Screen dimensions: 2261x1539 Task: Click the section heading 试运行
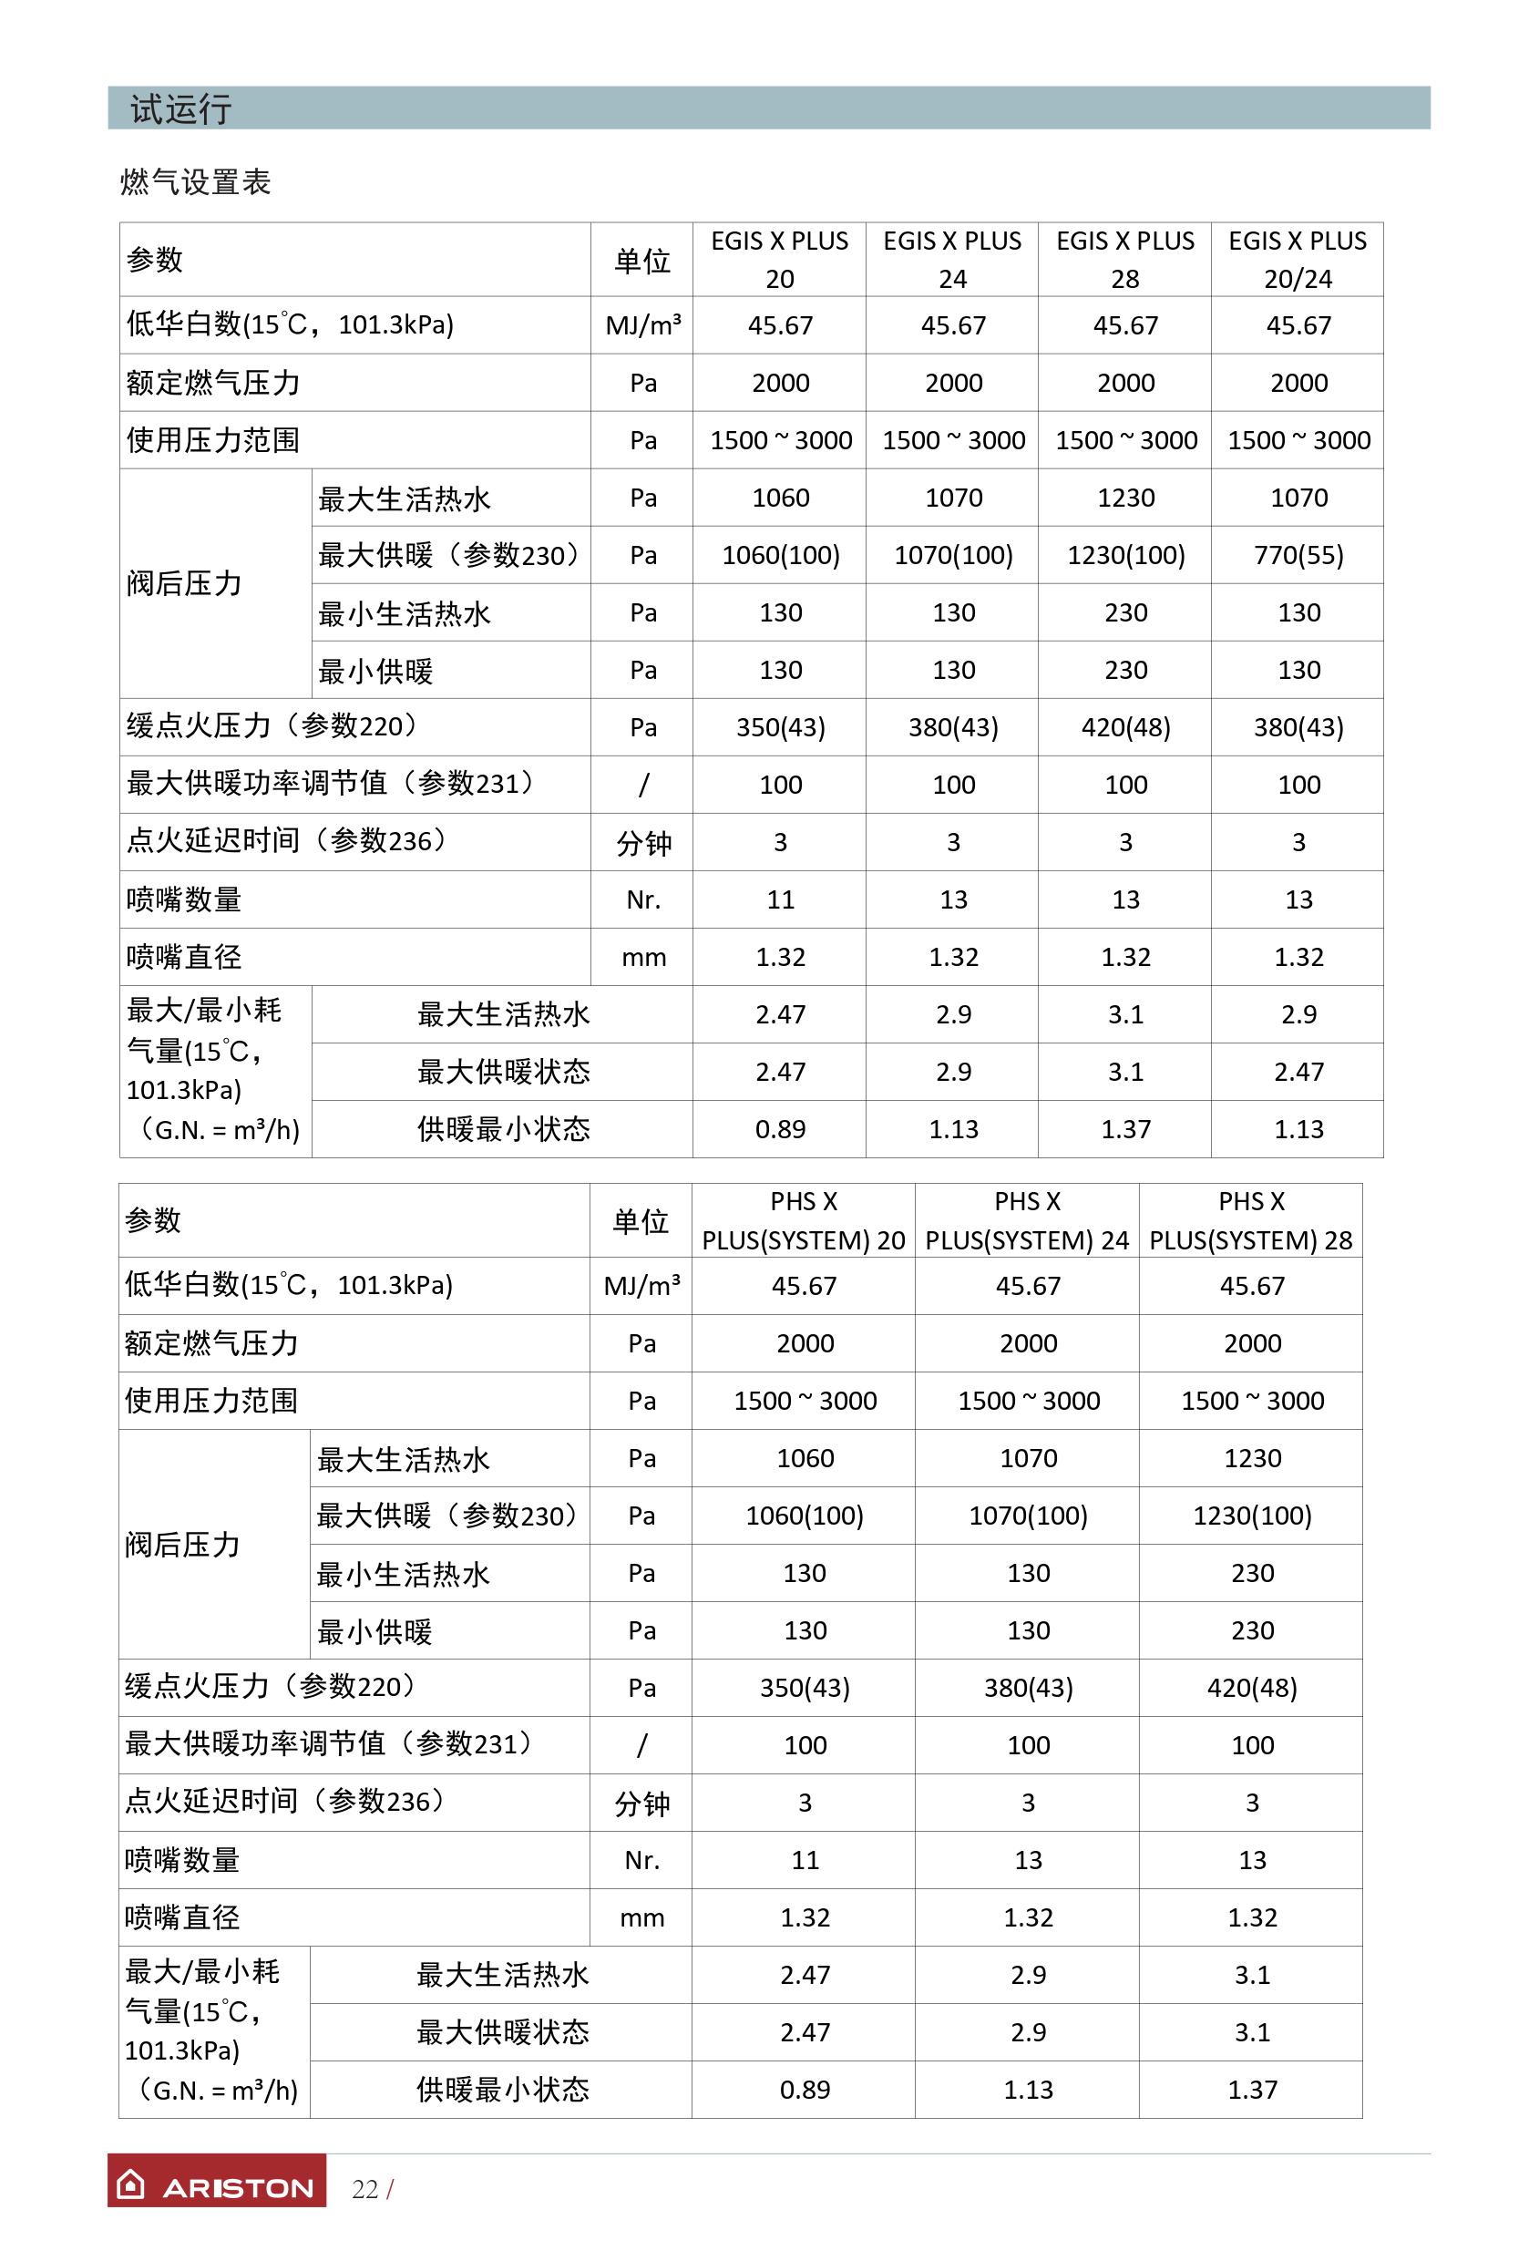(181, 109)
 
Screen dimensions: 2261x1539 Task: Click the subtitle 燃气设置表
(196, 182)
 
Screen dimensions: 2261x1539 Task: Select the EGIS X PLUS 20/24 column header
(1297, 260)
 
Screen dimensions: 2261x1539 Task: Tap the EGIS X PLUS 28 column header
(1124, 260)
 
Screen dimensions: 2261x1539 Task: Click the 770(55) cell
(1298, 556)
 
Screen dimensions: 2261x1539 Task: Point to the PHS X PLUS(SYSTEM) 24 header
(1026, 1221)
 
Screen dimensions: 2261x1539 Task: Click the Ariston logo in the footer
(217, 2187)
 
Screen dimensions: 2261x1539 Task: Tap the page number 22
(364, 2189)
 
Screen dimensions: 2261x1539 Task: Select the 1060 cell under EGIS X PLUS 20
(780, 498)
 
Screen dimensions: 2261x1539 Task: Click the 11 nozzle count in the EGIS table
(780, 899)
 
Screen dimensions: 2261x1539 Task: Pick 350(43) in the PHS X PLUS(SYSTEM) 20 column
(805, 1688)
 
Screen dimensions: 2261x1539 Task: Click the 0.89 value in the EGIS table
(780, 1129)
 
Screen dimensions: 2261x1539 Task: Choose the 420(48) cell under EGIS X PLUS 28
(1125, 728)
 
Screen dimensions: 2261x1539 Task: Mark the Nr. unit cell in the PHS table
(642, 1860)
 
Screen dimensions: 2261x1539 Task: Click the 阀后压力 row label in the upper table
(184, 584)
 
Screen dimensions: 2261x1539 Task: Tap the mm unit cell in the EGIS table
(643, 957)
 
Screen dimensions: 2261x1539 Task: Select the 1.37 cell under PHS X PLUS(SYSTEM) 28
(1252, 2090)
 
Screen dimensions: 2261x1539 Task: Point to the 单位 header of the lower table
(641, 1221)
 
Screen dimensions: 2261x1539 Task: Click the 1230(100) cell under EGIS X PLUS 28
(1125, 556)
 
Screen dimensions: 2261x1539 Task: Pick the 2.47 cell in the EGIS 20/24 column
(1298, 1072)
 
